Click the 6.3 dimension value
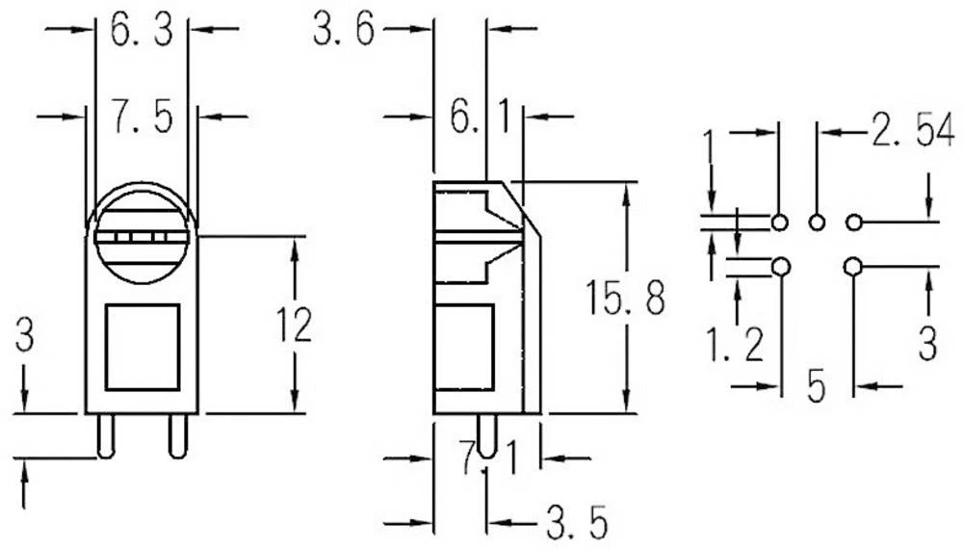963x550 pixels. [x=141, y=32]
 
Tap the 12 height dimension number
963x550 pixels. [x=293, y=326]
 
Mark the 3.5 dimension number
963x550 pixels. [x=576, y=525]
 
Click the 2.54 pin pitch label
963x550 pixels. [x=906, y=133]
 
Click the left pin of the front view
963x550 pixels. [x=102, y=436]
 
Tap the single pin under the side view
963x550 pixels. [x=487, y=436]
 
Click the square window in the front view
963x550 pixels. [x=143, y=347]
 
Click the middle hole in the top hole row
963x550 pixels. [x=817, y=223]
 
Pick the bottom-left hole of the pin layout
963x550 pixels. [x=780, y=266]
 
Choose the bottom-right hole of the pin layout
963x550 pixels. [x=853, y=266]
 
